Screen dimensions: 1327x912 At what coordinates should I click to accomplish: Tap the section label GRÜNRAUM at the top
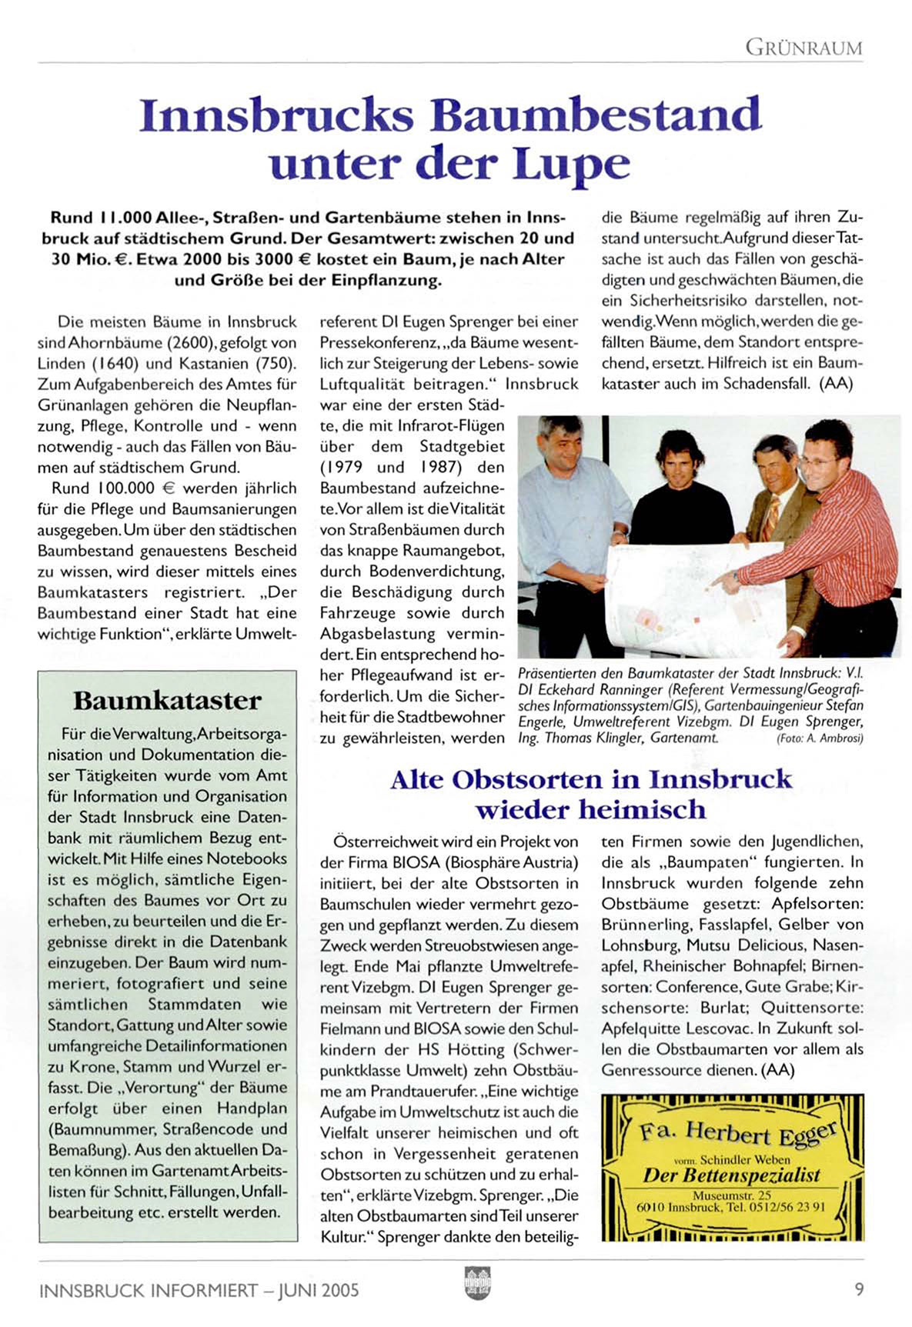tap(803, 48)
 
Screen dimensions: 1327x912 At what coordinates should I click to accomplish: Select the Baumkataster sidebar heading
tap(167, 701)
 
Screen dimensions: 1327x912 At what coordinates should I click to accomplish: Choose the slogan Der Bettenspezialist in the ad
tap(731, 1175)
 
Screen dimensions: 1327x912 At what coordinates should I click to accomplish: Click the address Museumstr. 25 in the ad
tap(731, 1195)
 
